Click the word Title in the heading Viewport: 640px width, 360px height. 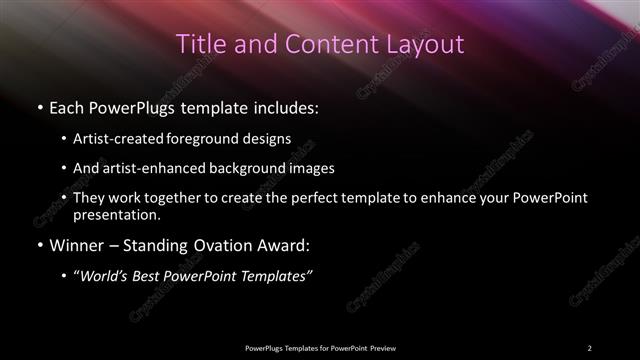198,44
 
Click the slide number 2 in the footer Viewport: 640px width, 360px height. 589,347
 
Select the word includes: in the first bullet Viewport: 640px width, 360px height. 291,105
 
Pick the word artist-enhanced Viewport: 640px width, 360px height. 152,168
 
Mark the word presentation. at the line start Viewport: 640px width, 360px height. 116,214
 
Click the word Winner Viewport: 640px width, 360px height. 73,244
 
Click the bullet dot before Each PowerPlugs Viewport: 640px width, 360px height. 39,106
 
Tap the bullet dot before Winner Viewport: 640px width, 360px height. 39,245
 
